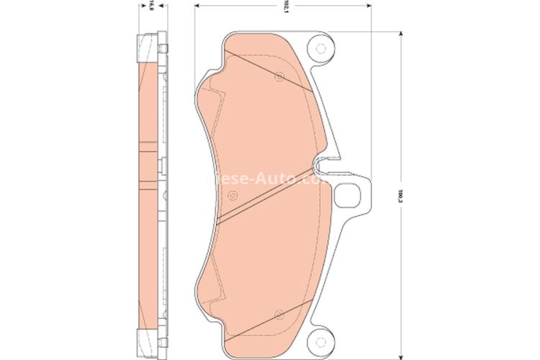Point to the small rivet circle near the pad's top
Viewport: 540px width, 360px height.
[279, 76]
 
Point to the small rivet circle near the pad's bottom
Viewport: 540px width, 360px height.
[278, 313]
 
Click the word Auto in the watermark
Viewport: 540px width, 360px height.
[278, 176]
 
